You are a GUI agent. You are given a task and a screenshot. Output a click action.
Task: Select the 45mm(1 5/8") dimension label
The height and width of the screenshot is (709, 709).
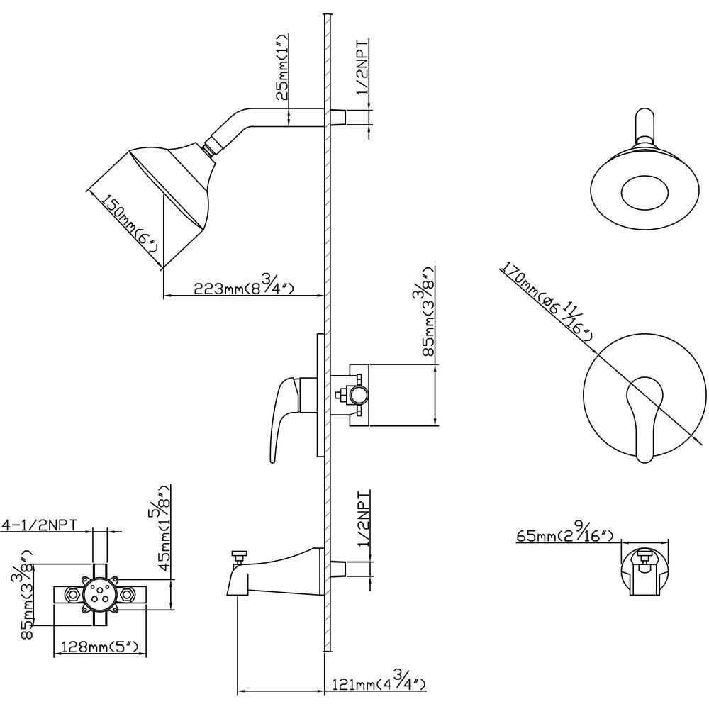(164, 528)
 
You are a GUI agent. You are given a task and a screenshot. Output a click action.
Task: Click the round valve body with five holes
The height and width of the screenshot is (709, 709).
(99, 593)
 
